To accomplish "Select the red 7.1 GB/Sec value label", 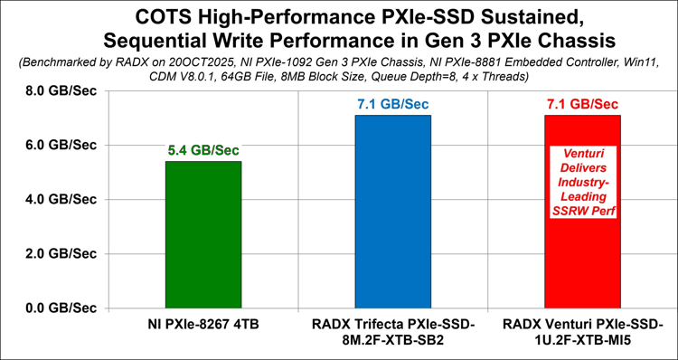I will point(582,105).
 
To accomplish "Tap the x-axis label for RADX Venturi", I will point(582,332).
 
